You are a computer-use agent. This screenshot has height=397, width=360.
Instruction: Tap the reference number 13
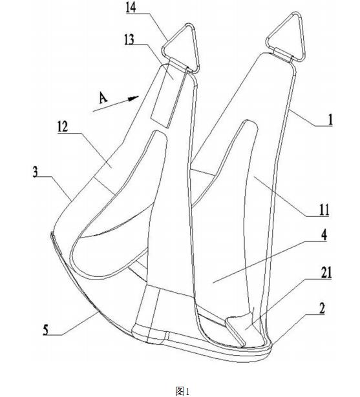pos(129,39)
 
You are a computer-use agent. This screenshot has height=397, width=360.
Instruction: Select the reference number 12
pos(63,127)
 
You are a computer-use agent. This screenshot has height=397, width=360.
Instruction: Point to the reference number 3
pos(36,172)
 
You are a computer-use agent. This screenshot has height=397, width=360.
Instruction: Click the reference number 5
pos(46,331)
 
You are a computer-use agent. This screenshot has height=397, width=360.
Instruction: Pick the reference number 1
pos(330,119)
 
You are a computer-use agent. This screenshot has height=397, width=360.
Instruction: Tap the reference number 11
pos(324,210)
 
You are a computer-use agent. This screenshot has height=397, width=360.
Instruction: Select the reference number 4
pos(324,235)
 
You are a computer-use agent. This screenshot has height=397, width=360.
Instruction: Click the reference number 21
pos(326,274)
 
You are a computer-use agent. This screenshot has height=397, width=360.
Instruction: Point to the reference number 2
pos(322,309)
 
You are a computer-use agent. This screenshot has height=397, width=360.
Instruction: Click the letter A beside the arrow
pos(103,98)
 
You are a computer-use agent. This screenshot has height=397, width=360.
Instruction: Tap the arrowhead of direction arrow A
pos(133,98)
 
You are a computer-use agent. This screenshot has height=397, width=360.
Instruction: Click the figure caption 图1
pos(182,391)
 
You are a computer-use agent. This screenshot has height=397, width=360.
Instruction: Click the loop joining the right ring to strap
pos(282,54)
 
